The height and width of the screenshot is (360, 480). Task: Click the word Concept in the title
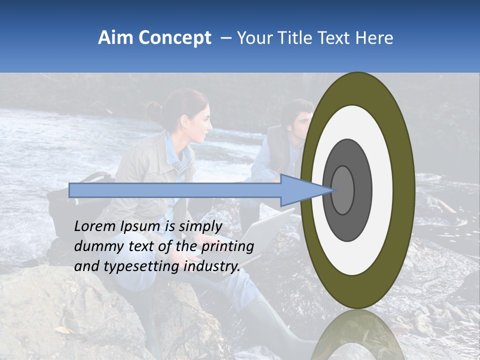pos(174,38)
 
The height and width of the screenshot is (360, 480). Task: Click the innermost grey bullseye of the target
pos(343,190)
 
